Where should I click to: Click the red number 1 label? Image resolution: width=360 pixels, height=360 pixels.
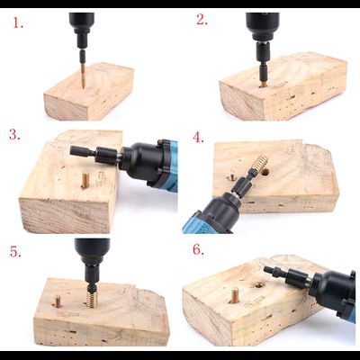(x=18, y=22)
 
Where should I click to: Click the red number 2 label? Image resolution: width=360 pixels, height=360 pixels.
(x=202, y=20)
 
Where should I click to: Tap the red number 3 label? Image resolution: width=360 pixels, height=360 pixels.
(x=14, y=134)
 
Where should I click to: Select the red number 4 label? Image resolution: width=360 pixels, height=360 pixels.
(x=198, y=138)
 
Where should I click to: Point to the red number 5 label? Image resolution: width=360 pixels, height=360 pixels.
(x=15, y=251)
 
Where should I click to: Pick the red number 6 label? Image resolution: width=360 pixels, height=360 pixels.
(x=198, y=249)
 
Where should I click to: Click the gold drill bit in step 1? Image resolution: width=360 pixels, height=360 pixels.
(x=83, y=75)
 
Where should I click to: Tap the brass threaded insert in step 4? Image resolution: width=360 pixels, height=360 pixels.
(x=259, y=165)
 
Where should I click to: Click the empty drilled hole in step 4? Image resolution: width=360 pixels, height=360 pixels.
(x=265, y=172)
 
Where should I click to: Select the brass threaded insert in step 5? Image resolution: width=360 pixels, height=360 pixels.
(x=94, y=300)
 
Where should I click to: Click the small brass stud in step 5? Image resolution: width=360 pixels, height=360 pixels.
(x=58, y=301)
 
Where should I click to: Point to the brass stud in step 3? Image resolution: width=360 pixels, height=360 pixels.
(x=85, y=181)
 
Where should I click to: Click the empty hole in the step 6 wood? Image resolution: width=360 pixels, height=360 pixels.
(x=258, y=284)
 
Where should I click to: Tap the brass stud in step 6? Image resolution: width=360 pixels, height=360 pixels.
(x=235, y=294)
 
